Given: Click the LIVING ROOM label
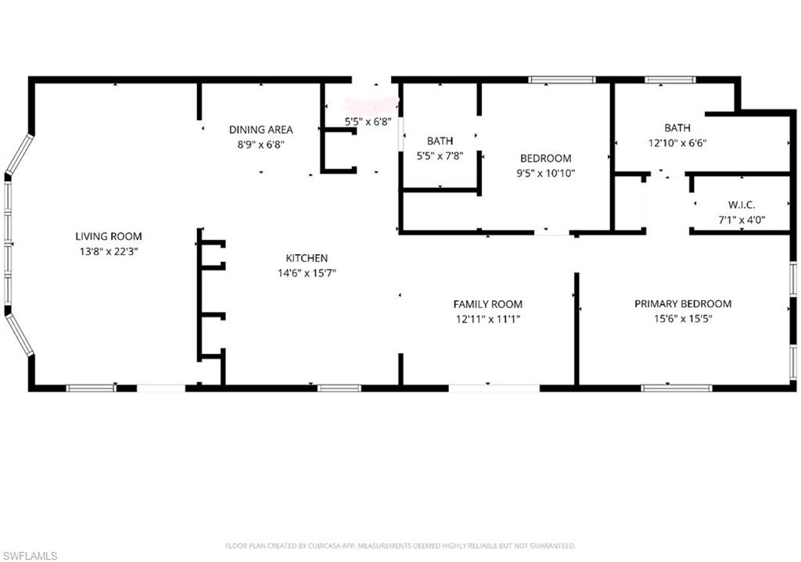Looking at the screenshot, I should click(x=109, y=236).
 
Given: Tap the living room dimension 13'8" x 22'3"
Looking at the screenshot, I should click(x=109, y=251).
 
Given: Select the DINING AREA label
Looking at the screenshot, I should click(x=260, y=130).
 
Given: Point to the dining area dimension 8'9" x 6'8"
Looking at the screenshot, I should click(x=260, y=145).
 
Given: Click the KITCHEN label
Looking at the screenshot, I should click(x=306, y=258).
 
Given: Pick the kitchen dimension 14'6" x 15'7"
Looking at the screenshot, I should click(x=306, y=273).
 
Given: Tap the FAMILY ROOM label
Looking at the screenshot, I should click(x=488, y=304).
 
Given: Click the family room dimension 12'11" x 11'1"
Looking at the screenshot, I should click(x=488, y=319).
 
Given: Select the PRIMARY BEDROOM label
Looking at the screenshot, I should click(x=683, y=304).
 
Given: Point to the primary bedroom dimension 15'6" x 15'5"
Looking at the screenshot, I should click(x=683, y=319).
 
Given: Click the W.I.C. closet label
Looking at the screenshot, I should click(x=741, y=206).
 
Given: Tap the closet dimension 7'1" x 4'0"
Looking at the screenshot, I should click(x=741, y=220).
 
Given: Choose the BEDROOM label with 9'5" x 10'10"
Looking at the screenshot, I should click(x=545, y=159).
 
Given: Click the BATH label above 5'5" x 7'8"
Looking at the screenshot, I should click(x=440, y=141).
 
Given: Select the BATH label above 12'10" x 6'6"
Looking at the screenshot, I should click(x=677, y=127).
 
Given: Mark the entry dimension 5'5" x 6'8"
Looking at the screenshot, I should click(x=368, y=122).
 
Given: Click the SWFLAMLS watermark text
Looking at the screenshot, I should click(x=29, y=556).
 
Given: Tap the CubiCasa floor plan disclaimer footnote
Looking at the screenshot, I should click(x=400, y=546).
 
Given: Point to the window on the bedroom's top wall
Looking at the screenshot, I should click(x=562, y=80).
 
